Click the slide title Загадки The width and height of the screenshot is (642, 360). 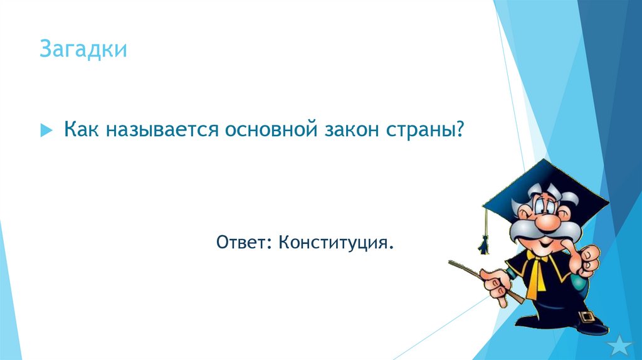[x=83, y=50]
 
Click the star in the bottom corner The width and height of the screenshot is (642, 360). [x=621, y=346]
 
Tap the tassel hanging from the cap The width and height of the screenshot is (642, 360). [x=484, y=241]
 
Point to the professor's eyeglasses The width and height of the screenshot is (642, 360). [x=549, y=206]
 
